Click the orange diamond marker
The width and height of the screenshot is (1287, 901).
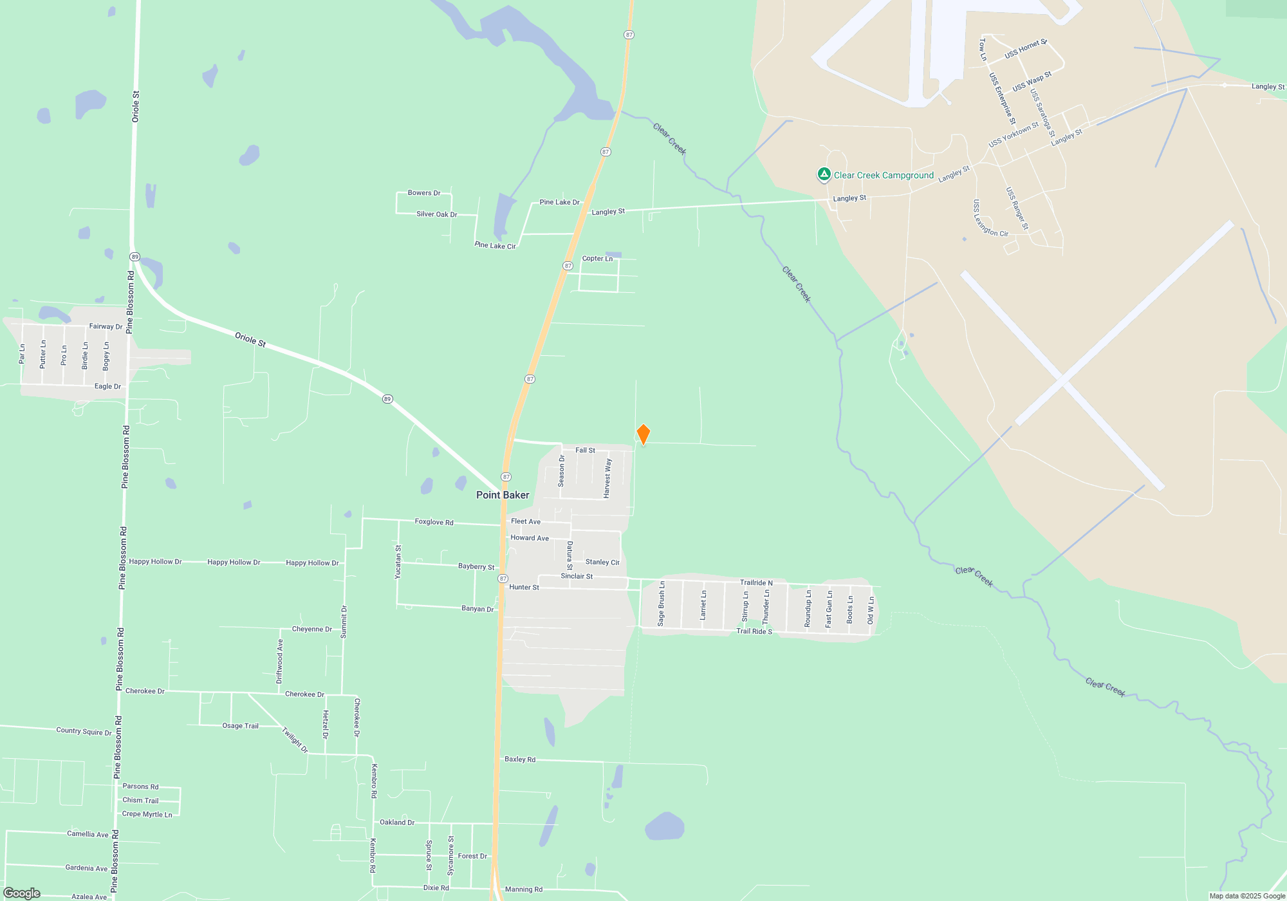(x=643, y=434)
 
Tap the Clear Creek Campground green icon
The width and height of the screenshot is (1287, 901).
(x=824, y=174)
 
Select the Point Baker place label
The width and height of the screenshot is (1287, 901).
(x=503, y=495)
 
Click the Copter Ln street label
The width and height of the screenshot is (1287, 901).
(x=597, y=259)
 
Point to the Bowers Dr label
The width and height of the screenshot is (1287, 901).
(x=424, y=193)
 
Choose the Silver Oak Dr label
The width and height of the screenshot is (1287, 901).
(x=436, y=214)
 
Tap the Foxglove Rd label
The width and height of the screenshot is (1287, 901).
(x=434, y=522)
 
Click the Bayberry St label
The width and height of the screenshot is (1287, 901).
(x=476, y=567)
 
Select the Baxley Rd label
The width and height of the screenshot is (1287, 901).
(x=520, y=759)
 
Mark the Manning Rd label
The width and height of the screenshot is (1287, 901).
(x=524, y=889)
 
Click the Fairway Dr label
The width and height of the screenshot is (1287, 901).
(x=106, y=326)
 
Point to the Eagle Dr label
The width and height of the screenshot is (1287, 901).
(x=107, y=387)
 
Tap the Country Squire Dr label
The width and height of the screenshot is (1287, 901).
(x=84, y=731)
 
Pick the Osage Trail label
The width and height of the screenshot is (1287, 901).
(x=240, y=726)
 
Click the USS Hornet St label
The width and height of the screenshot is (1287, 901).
(x=1026, y=49)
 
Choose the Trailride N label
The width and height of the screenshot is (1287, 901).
(x=756, y=583)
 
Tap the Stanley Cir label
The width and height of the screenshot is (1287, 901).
(x=602, y=562)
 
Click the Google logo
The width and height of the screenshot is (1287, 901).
(x=22, y=893)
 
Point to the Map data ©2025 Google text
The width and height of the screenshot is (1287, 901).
(x=1247, y=896)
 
